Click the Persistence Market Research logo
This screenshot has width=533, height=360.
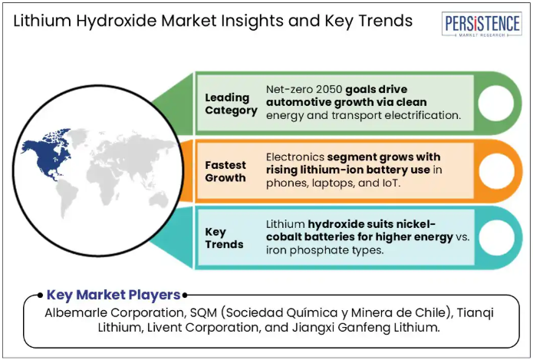tap(482, 24)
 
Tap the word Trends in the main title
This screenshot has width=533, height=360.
tap(386, 21)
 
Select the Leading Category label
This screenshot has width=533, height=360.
tap(231, 104)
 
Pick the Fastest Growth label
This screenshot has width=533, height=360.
tap(225, 171)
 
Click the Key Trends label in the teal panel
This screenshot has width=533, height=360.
tap(224, 238)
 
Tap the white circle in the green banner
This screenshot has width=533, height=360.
tap(496, 103)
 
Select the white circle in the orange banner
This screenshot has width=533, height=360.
tap(497, 171)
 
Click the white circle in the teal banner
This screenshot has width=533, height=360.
tap(497, 237)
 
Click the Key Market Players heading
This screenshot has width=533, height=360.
tap(114, 295)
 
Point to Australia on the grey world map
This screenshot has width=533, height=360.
tap(159, 200)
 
